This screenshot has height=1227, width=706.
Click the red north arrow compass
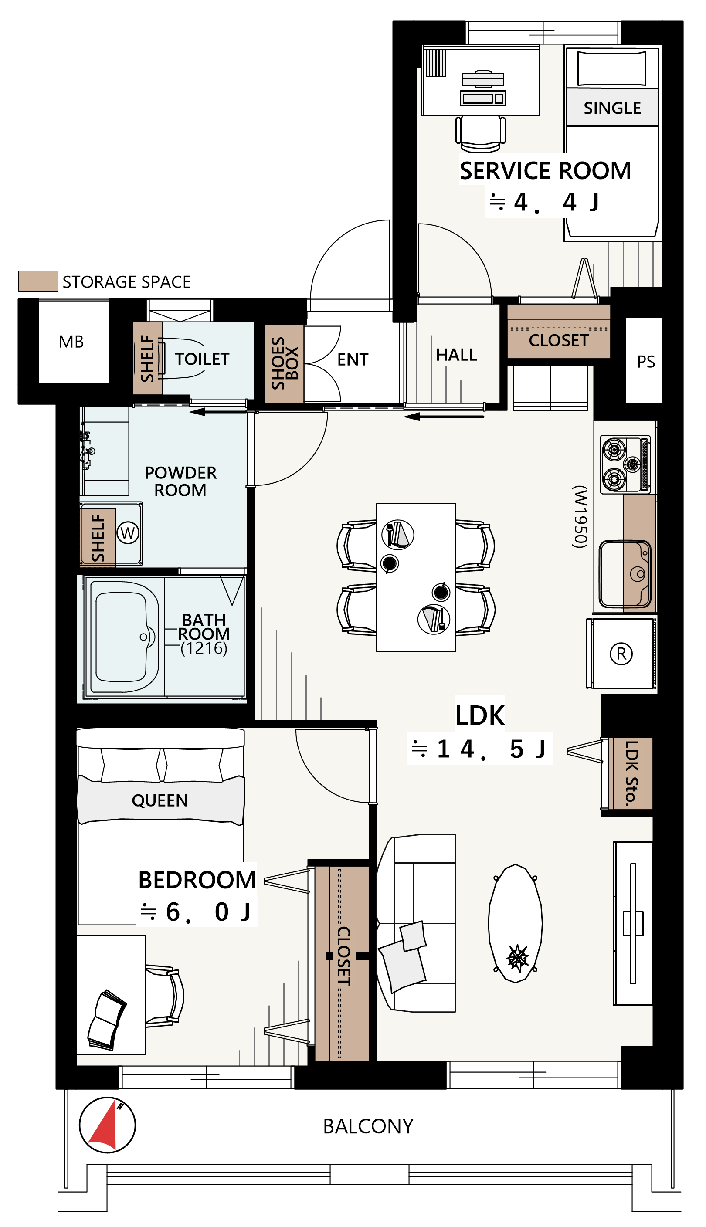[x=107, y=1125]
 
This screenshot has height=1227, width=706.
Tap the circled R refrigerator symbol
[x=621, y=654]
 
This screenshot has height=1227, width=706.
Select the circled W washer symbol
[x=128, y=533]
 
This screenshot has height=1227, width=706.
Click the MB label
[x=71, y=342]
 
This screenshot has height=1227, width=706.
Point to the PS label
[x=646, y=362]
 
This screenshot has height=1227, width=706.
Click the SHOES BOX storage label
[x=285, y=363]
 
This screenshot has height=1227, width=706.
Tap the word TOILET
[x=202, y=359]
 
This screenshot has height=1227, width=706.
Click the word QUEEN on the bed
[x=160, y=800]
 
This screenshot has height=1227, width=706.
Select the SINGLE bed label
[x=612, y=108]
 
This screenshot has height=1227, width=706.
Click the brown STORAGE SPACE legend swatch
[x=38, y=281]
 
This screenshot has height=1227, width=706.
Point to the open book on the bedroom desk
[x=107, y=1020]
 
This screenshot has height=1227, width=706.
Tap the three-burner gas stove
[x=625, y=464]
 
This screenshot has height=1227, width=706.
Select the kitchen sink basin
[x=625, y=574]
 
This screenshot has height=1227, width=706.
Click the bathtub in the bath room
[x=124, y=637]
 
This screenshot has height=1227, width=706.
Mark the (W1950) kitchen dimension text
[x=580, y=517]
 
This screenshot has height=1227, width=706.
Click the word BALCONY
[x=369, y=1126]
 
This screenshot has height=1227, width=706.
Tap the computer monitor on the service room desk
[x=483, y=78]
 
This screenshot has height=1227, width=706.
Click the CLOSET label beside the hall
[x=559, y=340]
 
